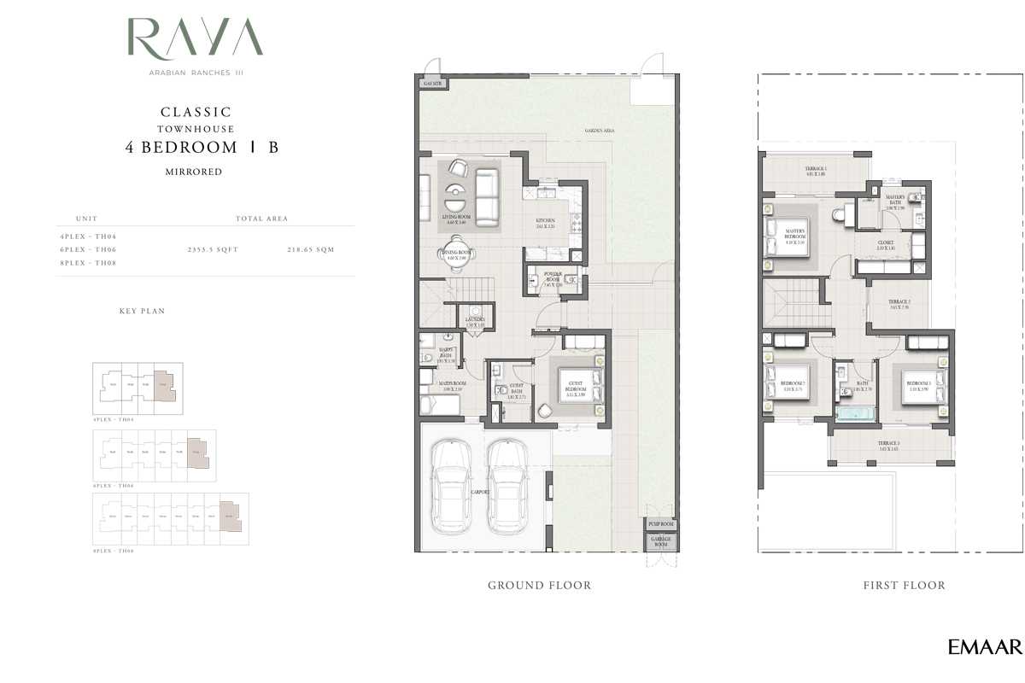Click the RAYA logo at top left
pos(195,38)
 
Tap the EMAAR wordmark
pos(984,647)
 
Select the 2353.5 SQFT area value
pos(213,249)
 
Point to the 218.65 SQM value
pos(311,249)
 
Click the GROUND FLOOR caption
pos(539,585)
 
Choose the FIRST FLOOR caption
pos(905,585)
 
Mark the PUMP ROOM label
pos(660,523)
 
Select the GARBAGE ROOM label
pos(660,542)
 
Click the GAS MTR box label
pos(431,84)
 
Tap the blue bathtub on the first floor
pos(854,416)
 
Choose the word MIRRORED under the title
pos(193,172)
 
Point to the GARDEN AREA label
pos(600,131)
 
